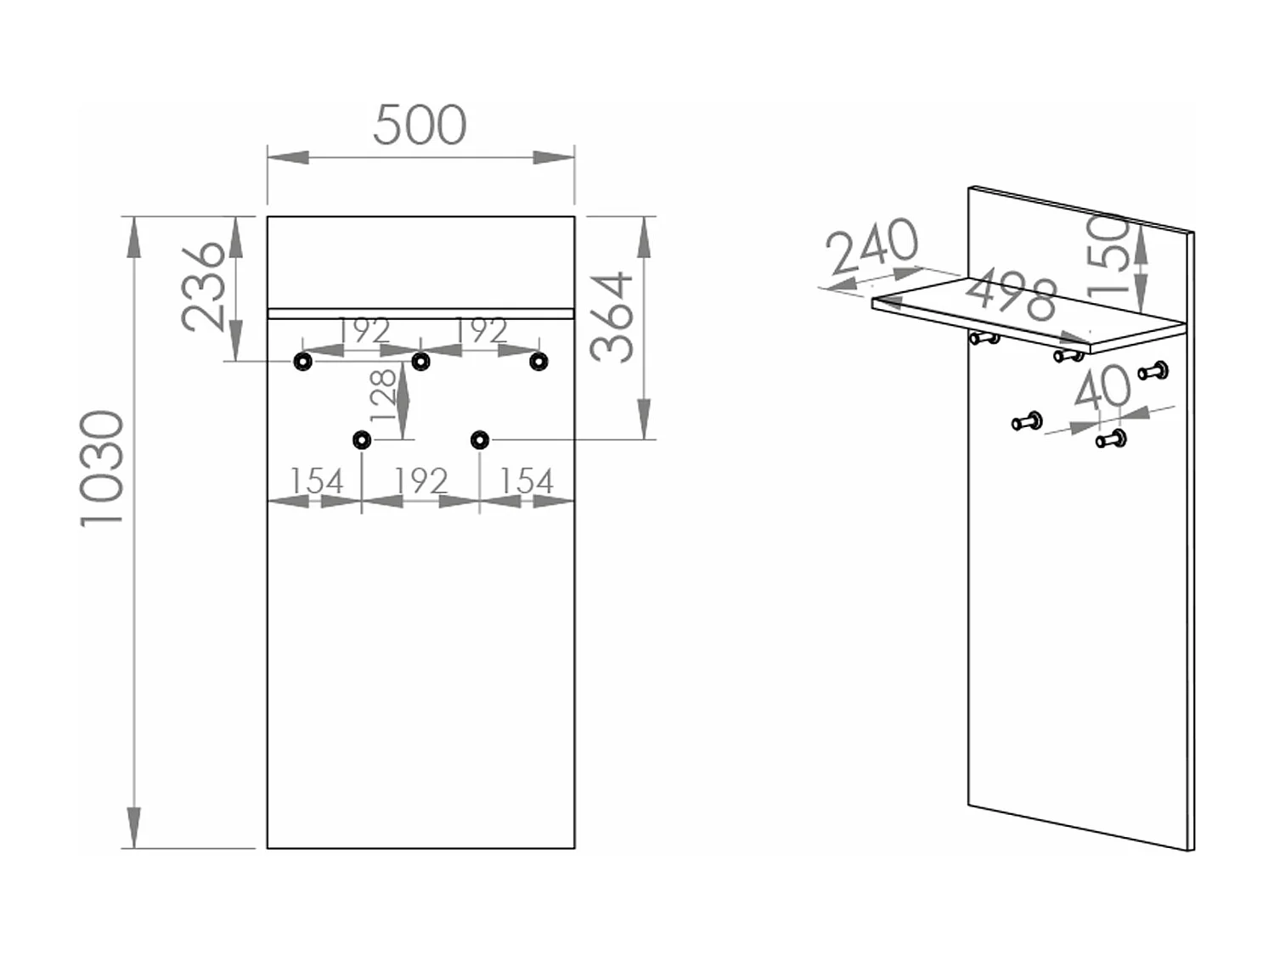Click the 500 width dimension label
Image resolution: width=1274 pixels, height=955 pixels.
420,126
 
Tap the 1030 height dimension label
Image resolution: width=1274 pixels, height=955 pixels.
102,469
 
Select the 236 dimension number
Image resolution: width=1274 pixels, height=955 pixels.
202,288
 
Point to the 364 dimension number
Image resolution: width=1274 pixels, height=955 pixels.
612,317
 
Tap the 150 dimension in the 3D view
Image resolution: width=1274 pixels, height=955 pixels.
1108,256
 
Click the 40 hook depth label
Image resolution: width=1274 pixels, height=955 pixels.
1103,387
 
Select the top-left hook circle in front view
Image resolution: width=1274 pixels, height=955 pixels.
303,362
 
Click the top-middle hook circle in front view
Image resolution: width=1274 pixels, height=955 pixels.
420,362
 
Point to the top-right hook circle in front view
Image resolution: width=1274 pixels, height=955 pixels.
538,362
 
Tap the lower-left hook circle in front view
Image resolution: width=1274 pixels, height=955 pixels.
362,440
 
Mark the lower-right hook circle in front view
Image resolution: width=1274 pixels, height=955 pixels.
479,440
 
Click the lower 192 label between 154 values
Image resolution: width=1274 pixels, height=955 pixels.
420,480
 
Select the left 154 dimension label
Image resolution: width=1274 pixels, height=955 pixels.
316,480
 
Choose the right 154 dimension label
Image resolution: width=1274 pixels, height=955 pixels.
527,480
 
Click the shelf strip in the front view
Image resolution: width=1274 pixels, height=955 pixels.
420,314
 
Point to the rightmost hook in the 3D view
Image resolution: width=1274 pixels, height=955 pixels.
1154,371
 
